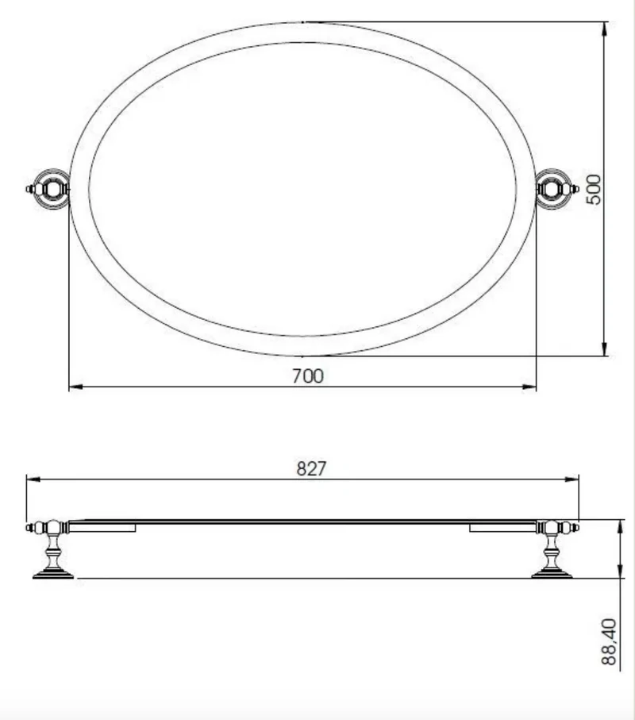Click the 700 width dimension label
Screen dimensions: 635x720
coord(308,376)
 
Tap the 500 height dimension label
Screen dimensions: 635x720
coord(594,189)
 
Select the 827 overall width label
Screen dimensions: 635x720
coord(311,469)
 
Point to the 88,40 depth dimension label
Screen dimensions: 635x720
coord(609,641)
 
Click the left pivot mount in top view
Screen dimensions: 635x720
coord(49,189)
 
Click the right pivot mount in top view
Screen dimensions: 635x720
coord(556,189)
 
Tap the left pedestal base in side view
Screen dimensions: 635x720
coord(53,574)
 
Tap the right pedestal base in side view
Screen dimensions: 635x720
coord(552,574)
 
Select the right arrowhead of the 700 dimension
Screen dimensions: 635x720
coord(529,387)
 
